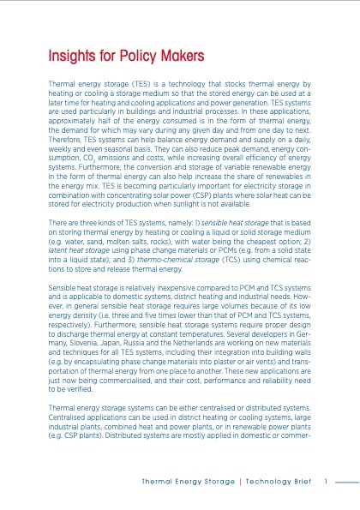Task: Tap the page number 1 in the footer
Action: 327,479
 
